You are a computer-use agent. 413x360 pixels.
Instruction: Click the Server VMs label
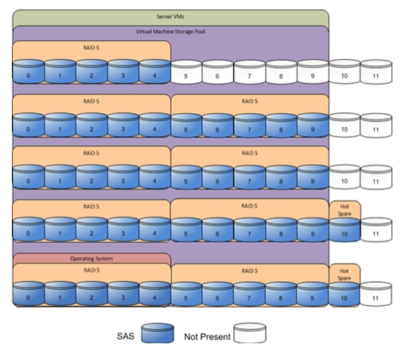[x=170, y=17]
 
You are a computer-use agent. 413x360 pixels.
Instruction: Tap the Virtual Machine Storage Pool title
[x=170, y=32]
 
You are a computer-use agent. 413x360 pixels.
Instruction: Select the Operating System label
[x=92, y=259]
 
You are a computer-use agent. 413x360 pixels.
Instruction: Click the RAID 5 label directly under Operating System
[x=92, y=270]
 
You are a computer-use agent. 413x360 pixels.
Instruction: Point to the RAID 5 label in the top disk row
[x=91, y=48]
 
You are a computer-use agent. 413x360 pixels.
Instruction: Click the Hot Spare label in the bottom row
[x=344, y=275]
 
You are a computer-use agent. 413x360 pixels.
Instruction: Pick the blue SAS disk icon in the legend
[x=158, y=333]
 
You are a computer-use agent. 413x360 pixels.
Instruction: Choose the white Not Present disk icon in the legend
[x=250, y=333]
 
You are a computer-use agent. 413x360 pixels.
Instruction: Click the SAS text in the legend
[x=126, y=336]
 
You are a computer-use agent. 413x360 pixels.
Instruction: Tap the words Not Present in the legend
[x=207, y=337]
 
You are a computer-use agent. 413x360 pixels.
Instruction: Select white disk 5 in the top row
[x=186, y=72]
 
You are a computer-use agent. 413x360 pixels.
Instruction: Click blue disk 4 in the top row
[x=154, y=72]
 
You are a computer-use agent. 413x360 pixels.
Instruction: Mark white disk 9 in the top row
[x=313, y=72]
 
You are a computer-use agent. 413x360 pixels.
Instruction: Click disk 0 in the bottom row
[x=29, y=294]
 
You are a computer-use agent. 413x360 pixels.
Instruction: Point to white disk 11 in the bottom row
[x=376, y=294]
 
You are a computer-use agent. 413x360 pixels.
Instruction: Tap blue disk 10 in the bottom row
[x=344, y=294]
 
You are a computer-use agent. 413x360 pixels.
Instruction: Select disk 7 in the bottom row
[x=249, y=294]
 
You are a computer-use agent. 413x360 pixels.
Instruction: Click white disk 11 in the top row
[x=376, y=72]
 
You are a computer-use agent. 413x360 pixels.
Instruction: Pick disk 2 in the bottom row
[x=92, y=294]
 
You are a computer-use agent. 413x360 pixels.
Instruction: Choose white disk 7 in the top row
[x=250, y=72]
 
